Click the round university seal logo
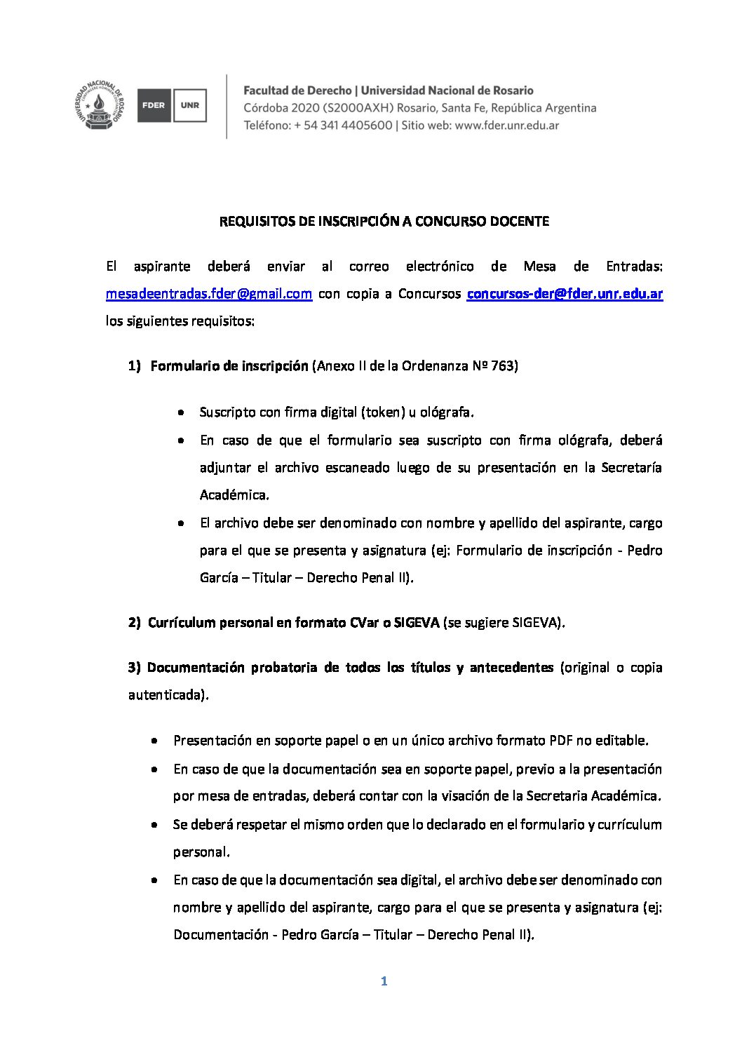pos(100,106)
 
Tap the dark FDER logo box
pos(154,106)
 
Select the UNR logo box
pos(189,106)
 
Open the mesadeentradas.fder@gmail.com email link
pos(209,294)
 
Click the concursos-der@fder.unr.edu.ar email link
pos(565,294)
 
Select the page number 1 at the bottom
pos(384,981)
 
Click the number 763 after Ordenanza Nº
pos(504,366)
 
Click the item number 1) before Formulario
pos(135,366)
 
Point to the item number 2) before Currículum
pos(135,623)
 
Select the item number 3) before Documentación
pos(135,668)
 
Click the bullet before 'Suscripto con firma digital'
pos(182,413)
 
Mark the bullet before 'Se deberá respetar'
pos(154,825)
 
